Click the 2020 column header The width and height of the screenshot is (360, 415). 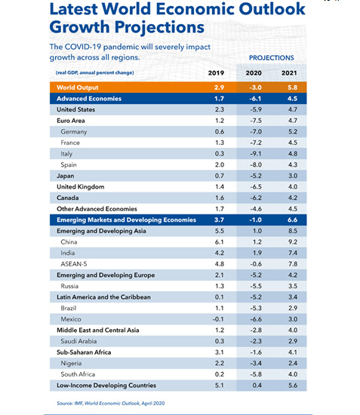click(x=254, y=72)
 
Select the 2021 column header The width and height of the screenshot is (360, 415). click(x=289, y=72)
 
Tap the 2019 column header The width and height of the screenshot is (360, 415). click(x=216, y=72)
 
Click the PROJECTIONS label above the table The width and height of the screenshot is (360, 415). click(x=272, y=57)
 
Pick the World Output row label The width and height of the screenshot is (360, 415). click(x=77, y=88)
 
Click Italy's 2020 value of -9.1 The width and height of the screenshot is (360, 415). click(x=256, y=154)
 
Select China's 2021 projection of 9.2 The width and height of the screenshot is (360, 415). click(x=293, y=242)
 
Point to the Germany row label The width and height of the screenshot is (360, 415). click(x=74, y=132)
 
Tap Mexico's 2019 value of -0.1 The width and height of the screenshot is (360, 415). click(x=218, y=319)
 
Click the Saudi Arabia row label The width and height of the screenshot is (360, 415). click(x=78, y=341)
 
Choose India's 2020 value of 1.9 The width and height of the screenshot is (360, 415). click(x=257, y=253)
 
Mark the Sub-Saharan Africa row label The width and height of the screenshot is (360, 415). click(x=84, y=352)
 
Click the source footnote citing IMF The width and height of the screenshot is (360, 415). click(x=111, y=403)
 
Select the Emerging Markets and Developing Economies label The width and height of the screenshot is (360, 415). click(x=126, y=220)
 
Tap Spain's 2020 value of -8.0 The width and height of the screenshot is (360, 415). click(x=256, y=165)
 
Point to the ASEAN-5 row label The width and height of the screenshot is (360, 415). click(x=74, y=264)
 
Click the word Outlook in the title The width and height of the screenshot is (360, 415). click(x=272, y=9)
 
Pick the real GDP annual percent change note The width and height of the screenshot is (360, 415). click(x=95, y=72)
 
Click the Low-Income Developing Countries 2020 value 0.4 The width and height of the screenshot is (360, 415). click(x=257, y=386)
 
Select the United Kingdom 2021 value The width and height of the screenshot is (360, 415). click(x=293, y=187)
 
